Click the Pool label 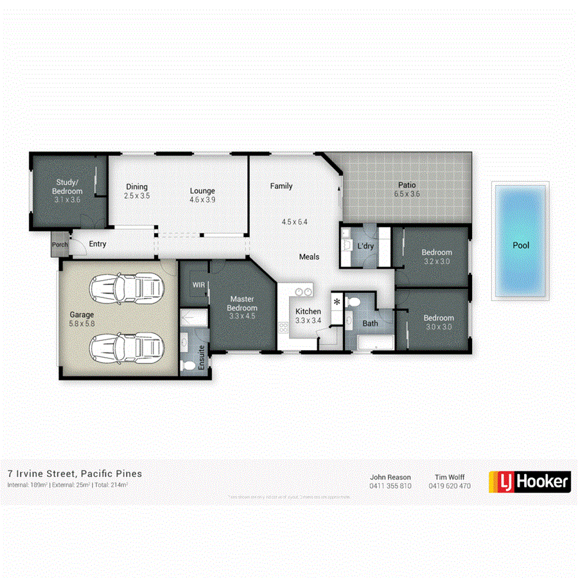tap(521, 245)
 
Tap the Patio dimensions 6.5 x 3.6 tap(407, 194)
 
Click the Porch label tap(60, 245)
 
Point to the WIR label tap(197, 284)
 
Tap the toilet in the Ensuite tap(189, 366)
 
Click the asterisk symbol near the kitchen tap(337, 301)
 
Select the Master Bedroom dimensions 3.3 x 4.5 tap(243, 316)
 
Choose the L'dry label tap(365, 246)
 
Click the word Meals tap(309, 257)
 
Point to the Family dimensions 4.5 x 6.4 tap(295, 222)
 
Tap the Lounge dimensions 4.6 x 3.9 tap(202, 200)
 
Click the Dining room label tap(136, 187)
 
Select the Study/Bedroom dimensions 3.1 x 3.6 tap(67, 200)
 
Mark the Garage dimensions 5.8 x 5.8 tap(82, 324)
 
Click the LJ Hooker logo tap(530, 481)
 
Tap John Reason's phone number tap(390, 486)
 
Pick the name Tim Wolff tap(450, 477)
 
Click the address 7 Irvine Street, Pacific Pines tap(74, 474)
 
